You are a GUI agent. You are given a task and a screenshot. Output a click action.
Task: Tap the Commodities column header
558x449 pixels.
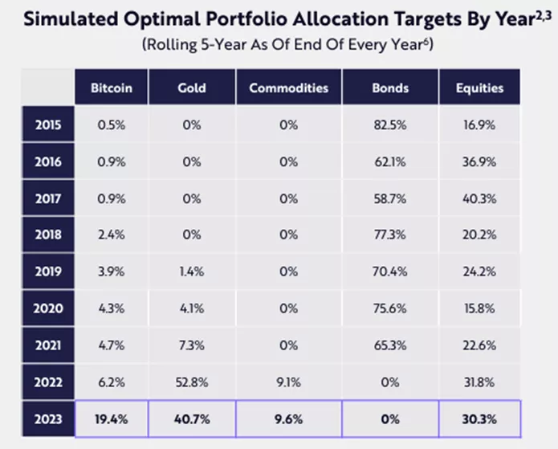[288, 88]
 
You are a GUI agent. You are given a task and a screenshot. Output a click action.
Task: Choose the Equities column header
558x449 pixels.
[481, 88]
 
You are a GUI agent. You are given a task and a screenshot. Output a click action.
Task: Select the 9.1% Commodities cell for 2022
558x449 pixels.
[288, 382]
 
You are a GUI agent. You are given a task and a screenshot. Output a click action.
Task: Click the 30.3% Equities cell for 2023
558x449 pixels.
[481, 418]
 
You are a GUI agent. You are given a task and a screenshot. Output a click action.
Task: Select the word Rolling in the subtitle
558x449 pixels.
[172, 45]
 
